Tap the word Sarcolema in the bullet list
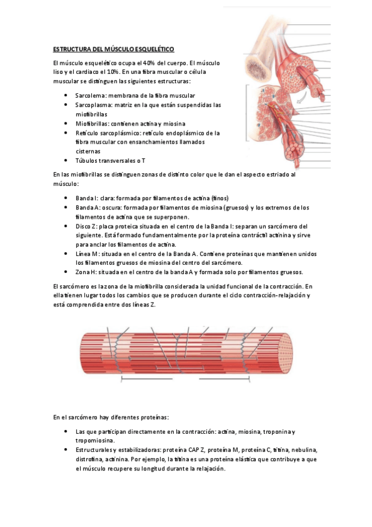(x=89, y=96)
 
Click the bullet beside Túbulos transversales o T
(x=66, y=160)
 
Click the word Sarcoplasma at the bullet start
(x=92, y=105)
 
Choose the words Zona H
(x=86, y=272)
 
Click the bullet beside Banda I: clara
(x=66, y=198)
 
